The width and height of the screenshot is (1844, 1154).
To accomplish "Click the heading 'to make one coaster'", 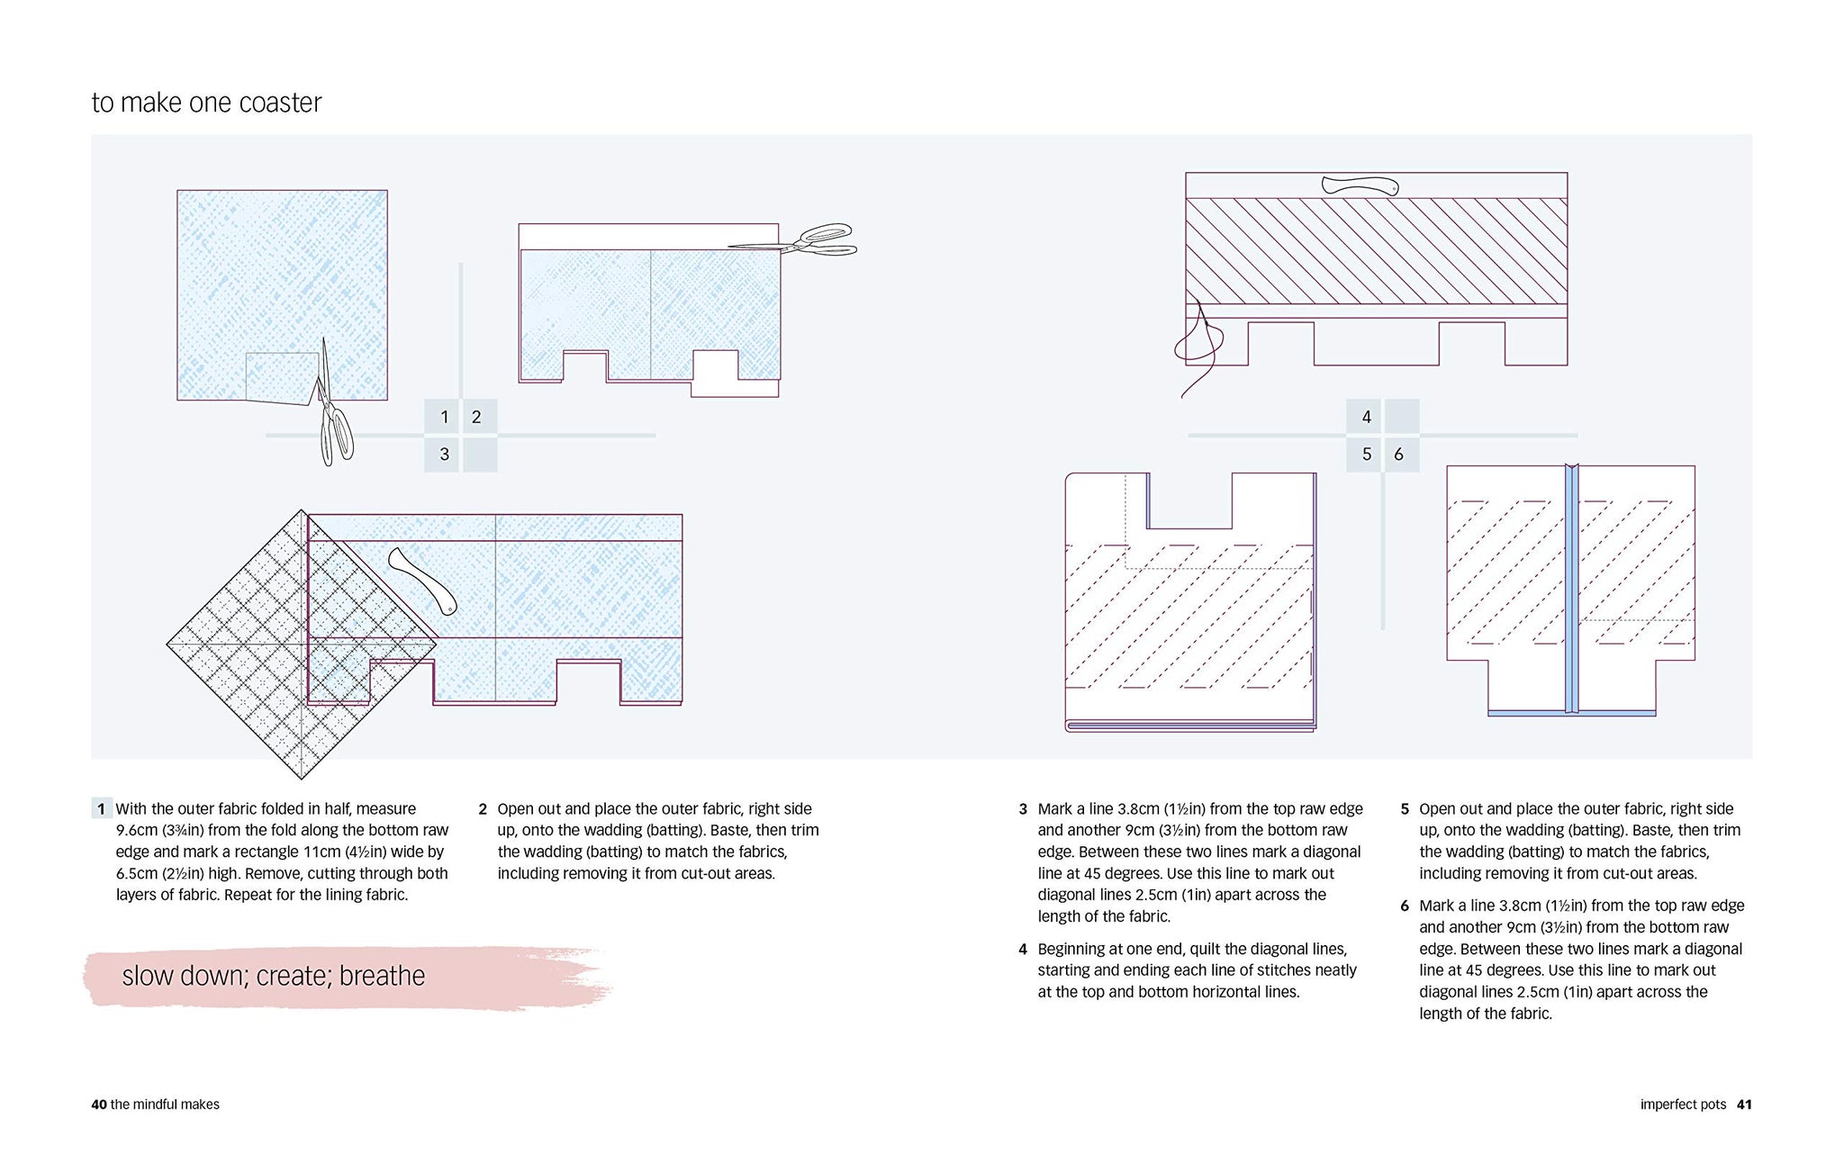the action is tap(206, 103).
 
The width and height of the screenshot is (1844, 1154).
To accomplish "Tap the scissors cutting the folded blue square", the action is tap(332, 405).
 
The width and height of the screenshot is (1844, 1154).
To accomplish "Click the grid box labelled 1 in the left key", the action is tap(443, 417).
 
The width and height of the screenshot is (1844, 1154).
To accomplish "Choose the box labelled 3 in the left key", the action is tap(443, 455).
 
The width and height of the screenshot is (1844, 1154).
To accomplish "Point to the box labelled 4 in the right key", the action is tap(1365, 417).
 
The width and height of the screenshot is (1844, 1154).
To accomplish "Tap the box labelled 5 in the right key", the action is tap(1365, 455).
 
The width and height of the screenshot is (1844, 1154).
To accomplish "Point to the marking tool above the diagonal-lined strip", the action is tap(1360, 186).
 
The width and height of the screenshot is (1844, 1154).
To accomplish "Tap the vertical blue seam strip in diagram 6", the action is tap(1571, 589).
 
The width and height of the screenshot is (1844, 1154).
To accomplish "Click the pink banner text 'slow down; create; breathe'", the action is tap(274, 976).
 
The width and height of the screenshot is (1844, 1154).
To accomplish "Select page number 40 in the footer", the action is tap(99, 1104).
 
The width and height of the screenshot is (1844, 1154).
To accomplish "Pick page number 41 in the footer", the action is tap(1744, 1104).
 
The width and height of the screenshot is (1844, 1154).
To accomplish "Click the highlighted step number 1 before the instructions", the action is tap(102, 808).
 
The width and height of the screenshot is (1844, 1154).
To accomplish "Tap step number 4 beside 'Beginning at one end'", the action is tap(1023, 949).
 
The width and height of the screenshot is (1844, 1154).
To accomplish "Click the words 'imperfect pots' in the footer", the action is tap(1683, 1104).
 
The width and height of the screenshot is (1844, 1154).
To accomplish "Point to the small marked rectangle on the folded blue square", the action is tap(282, 376).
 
